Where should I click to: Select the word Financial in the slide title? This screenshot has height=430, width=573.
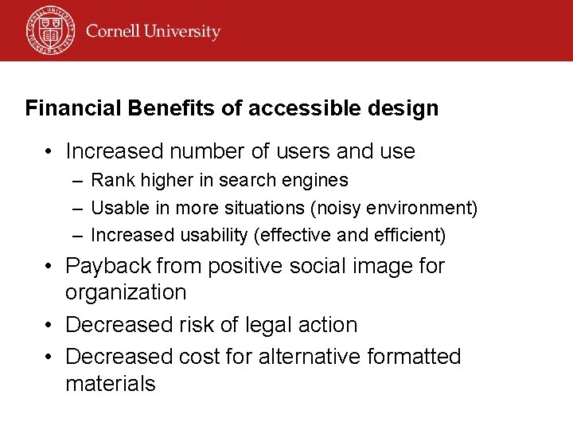coord(72,108)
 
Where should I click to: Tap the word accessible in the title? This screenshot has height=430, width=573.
coord(296,108)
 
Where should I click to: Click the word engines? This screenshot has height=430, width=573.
coord(318,181)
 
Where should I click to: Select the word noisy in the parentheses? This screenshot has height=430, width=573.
coord(334,209)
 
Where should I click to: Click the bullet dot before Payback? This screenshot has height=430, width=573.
coord(49,266)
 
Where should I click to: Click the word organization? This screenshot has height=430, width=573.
coord(125,292)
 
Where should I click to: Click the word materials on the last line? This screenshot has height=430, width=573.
coord(110,384)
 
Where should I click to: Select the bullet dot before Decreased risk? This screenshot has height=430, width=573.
coord(49,325)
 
